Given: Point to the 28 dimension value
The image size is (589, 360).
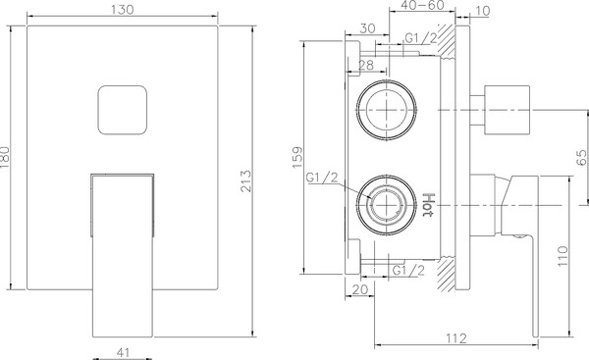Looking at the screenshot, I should pyautogui.click(x=365, y=65).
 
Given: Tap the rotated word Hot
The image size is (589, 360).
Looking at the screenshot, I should pyautogui.click(x=428, y=208).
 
